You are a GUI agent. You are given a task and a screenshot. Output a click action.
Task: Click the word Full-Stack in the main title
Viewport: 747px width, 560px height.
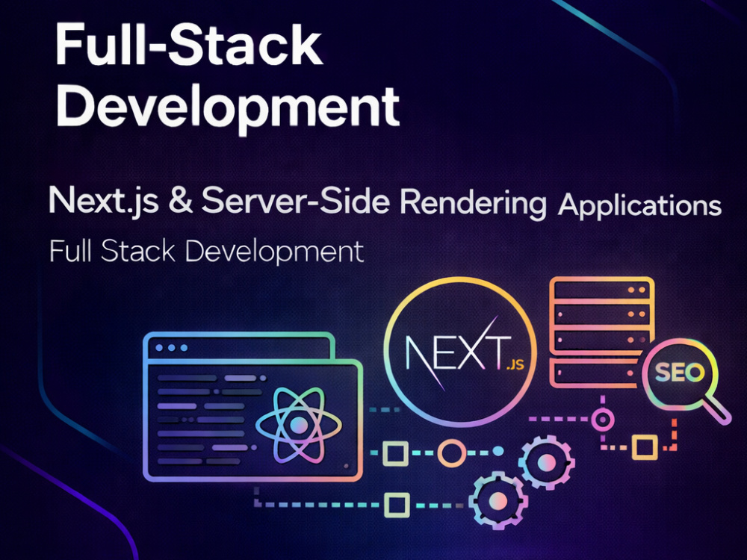coord(189,44)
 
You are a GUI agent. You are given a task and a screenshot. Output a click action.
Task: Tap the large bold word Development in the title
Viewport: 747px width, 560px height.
coord(227,107)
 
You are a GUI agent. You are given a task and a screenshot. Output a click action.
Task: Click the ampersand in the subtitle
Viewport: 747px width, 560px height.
coord(181,200)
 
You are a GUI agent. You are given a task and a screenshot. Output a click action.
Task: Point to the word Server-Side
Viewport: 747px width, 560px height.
coord(296,200)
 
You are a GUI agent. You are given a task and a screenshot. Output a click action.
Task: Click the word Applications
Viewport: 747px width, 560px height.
coord(640,206)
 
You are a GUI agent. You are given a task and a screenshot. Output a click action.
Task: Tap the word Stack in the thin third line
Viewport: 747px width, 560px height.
coord(138,251)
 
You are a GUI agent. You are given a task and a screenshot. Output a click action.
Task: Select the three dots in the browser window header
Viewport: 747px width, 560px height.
coord(172,348)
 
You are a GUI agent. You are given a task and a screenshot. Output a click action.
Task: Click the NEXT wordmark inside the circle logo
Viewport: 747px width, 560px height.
coord(456,352)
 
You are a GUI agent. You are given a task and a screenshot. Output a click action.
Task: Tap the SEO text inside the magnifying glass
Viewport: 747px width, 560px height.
coord(679,373)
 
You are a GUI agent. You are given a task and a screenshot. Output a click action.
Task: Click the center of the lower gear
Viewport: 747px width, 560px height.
coord(498,500)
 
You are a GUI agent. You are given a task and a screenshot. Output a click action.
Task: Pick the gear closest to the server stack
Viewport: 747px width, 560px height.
coord(547,462)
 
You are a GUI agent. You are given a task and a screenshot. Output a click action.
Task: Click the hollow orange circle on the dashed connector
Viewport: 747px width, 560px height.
coord(452,452)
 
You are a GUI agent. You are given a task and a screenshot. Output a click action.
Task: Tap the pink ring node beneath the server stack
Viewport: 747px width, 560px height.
coord(603,420)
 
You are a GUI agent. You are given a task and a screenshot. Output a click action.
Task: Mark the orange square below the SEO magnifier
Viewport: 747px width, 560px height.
coord(645,447)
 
